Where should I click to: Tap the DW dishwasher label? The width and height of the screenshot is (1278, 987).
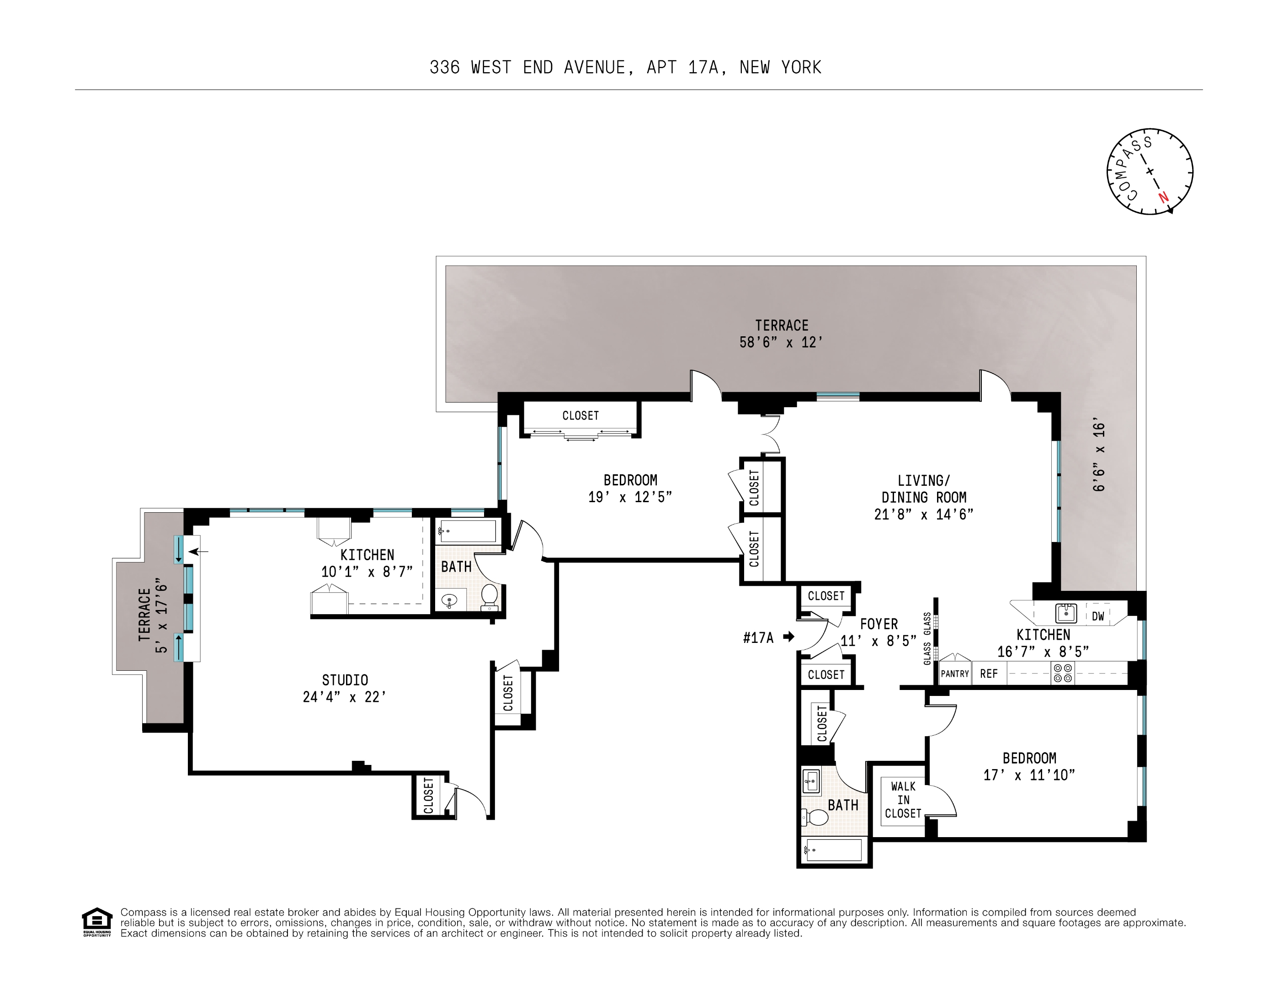tap(1098, 616)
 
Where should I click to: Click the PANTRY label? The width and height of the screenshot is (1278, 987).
tap(955, 674)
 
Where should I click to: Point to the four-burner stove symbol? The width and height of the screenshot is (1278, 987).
tap(1063, 674)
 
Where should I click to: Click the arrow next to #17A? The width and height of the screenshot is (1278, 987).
tap(789, 637)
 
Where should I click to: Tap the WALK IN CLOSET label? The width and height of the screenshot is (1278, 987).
tap(903, 800)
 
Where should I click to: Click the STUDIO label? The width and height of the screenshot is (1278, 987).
tap(345, 680)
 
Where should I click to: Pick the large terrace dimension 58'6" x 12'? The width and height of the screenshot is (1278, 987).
tap(781, 342)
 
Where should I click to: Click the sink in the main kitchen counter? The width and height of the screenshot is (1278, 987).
tap(1065, 613)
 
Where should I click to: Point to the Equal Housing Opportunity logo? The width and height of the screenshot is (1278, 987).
tap(96, 922)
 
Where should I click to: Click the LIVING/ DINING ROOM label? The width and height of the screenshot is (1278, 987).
tap(923, 488)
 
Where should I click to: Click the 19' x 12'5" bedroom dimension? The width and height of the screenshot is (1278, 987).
tap(630, 497)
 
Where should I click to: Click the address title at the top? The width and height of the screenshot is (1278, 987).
tap(625, 67)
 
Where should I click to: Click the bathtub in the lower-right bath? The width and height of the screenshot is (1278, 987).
tap(834, 849)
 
